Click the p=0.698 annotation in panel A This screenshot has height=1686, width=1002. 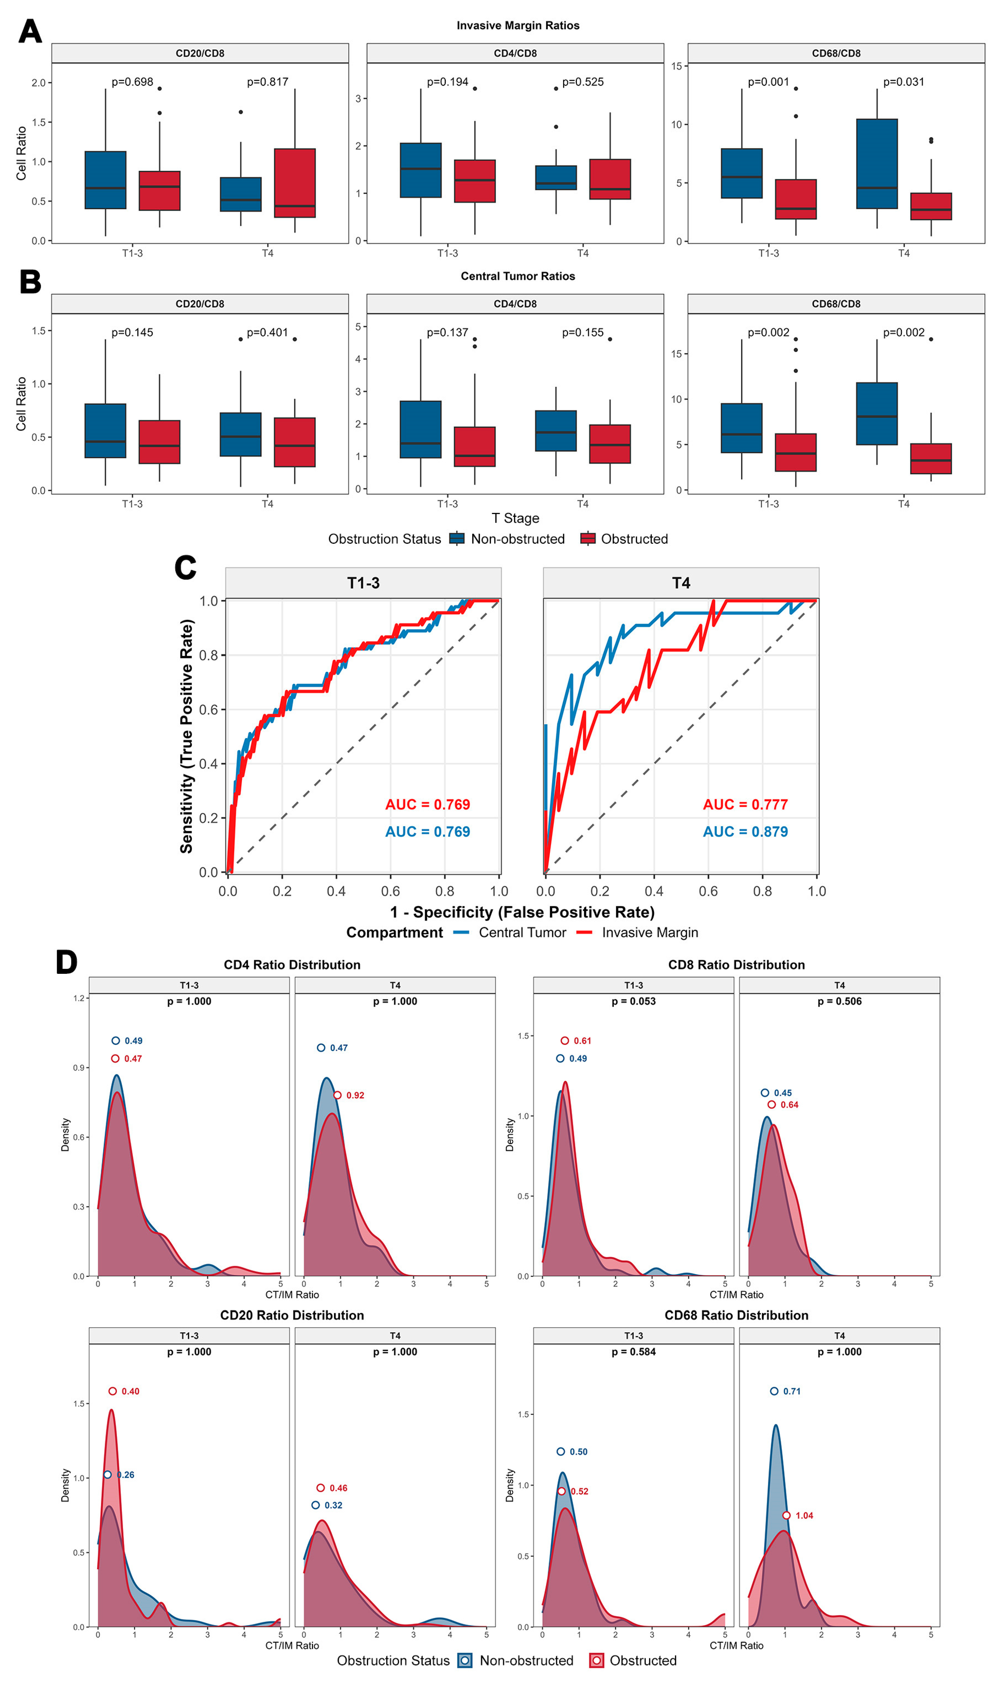[x=132, y=82]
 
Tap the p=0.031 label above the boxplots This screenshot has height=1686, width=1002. [x=904, y=82]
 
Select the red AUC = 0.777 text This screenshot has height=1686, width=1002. [x=745, y=805]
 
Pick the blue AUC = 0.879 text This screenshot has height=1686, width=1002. [x=745, y=831]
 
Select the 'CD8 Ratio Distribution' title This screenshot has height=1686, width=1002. [x=736, y=965]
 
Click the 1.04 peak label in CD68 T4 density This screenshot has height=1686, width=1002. [x=803, y=1516]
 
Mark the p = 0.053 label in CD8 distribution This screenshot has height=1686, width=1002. [x=633, y=1001]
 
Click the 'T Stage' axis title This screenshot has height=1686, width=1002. [x=515, y=518]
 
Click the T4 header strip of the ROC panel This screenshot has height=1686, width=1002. [x=681, y=583]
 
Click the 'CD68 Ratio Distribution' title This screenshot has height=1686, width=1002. [x=736, y=1315]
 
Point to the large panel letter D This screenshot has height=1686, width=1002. [x=66, y=963]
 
